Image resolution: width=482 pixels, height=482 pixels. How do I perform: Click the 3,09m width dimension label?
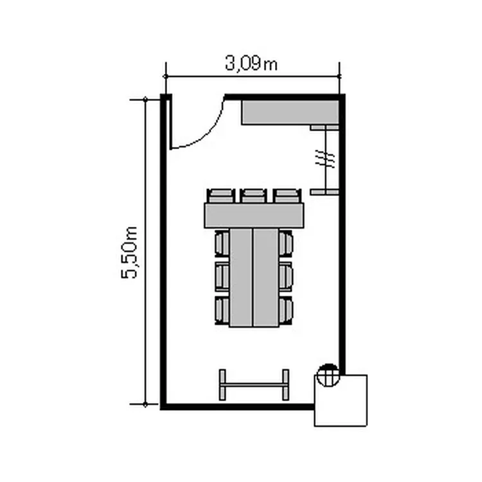[x=251, y=64]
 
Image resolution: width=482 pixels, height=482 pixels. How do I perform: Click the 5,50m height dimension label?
[x=129, y=253]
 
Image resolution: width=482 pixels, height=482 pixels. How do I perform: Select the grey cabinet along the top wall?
[x=290, y=112]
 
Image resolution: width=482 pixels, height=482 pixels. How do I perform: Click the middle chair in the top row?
[x=253, y=196]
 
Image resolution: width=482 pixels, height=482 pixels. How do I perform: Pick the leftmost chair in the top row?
[x=220, y=196]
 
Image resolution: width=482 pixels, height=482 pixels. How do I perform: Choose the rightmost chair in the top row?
[x=287, y=196]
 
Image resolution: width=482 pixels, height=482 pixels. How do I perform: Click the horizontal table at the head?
[x=254, y=215]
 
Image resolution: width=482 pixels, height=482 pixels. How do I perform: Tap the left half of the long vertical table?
[x=241, y=277]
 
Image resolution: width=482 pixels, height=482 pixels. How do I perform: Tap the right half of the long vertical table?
[x=265, y=277]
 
